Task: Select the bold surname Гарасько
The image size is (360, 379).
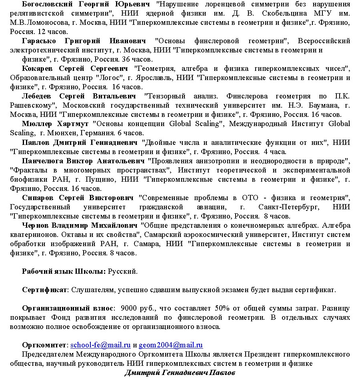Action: (38, 41)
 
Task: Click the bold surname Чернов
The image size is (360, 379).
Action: (36, 225)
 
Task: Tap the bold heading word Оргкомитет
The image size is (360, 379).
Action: (45, 345)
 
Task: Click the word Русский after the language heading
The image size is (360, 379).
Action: (123, 272)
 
